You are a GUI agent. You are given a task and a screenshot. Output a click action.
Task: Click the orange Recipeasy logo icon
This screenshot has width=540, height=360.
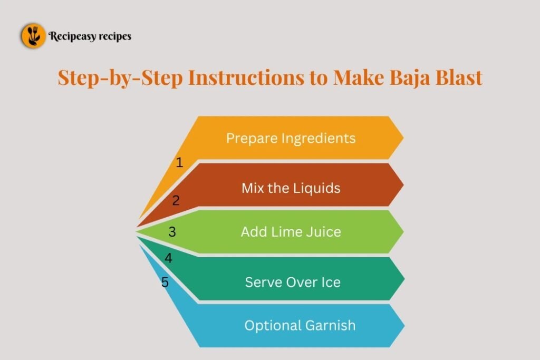click(x=33, y=36)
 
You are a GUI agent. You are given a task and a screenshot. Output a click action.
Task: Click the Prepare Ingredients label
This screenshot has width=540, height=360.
click(x=291, y=138)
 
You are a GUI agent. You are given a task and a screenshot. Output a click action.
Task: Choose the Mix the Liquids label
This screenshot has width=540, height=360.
click(x=291, y=188)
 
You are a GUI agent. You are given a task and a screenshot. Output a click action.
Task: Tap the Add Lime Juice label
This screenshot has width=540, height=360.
click(x=291, y=231)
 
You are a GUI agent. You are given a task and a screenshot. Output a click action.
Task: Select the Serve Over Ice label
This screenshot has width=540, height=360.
click(x=293, y=282)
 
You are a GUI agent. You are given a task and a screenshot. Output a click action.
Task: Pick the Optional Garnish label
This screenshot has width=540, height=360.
click(x=300, y=325)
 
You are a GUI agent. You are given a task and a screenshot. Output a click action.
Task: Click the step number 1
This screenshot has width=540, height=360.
click(x=179, y=162)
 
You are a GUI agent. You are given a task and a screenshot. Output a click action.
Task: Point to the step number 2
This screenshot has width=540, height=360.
click(x=176, y=200)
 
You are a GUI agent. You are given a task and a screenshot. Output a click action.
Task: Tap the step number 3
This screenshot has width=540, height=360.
click(x=172, y=231)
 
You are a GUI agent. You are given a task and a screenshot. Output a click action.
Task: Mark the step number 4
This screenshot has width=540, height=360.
click(x=168, y=258)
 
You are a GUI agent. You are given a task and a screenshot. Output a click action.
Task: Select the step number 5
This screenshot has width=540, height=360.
click(x=165, y=283)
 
